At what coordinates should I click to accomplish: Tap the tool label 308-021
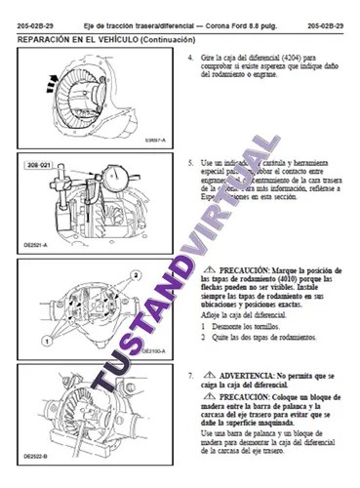(x=38, y=167)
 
